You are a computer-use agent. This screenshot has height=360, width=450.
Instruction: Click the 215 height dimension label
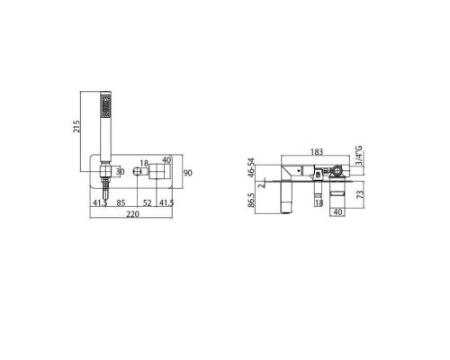[x=77, y=127]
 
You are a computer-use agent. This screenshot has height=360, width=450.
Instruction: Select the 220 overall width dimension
[x=132, y=214]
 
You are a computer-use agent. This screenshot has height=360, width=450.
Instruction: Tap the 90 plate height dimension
[x=188, y=173]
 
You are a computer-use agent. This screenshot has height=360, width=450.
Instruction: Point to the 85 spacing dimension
[x=121, y=203]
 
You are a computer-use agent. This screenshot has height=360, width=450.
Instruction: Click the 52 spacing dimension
[x=147, y=203]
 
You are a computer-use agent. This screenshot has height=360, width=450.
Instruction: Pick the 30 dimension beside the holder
[x=120, y=172]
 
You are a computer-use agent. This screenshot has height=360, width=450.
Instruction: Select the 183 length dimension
[x=317, y=152]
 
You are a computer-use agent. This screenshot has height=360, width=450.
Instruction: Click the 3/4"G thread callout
[x=359, y=155]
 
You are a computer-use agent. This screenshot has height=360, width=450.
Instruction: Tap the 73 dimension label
[x=361, y=194]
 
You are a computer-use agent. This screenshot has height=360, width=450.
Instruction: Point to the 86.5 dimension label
[x=251, y=200]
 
